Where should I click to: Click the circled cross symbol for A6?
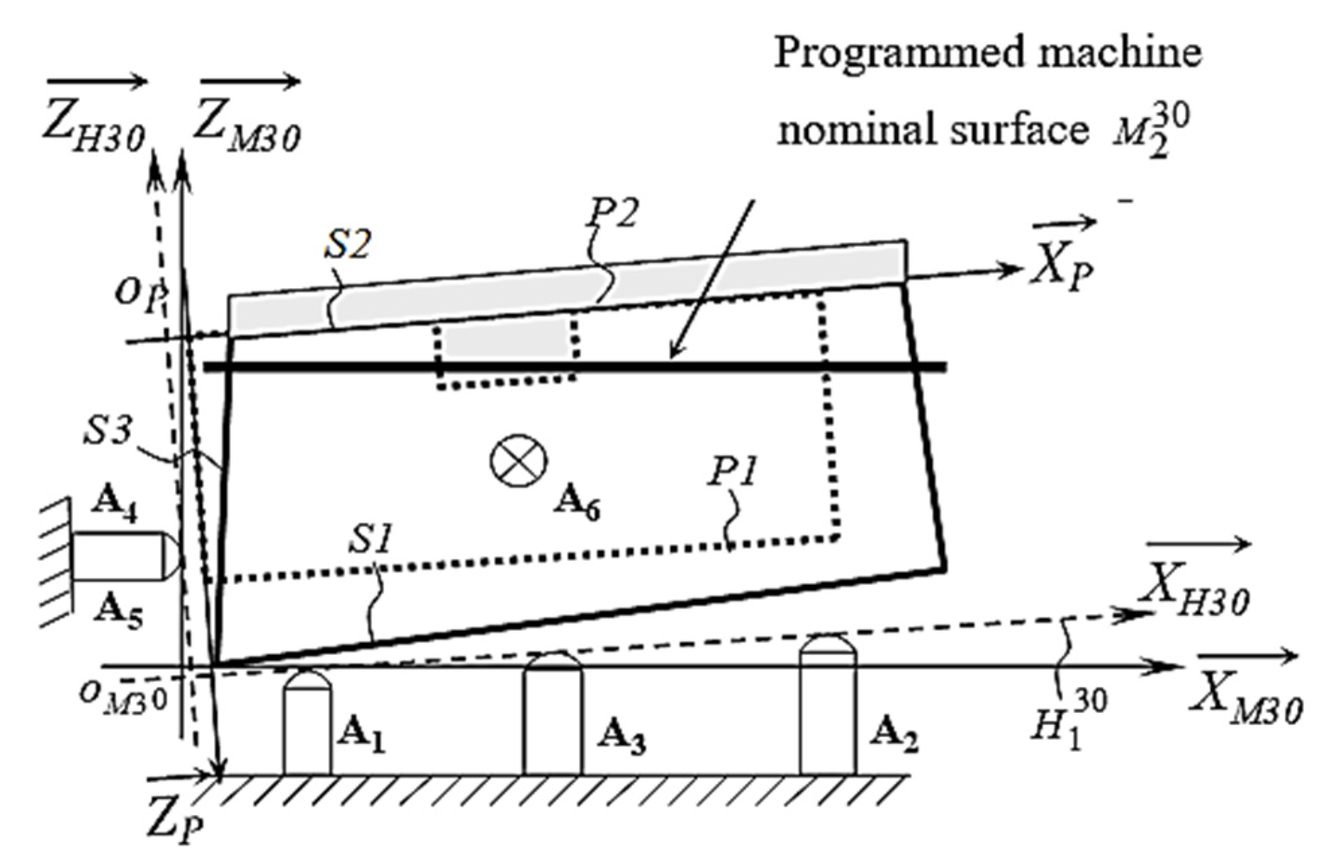518,461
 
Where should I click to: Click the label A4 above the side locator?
114,503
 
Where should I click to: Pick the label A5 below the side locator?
118,611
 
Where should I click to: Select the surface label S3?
108,431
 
